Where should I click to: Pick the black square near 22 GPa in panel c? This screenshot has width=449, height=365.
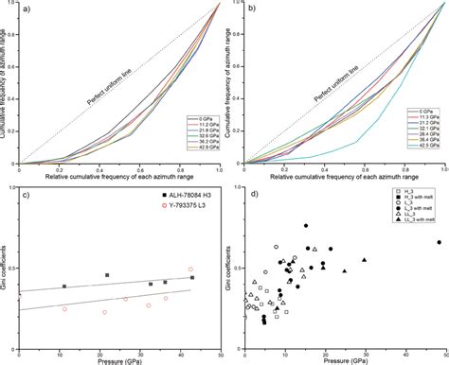[x=106, y=275]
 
